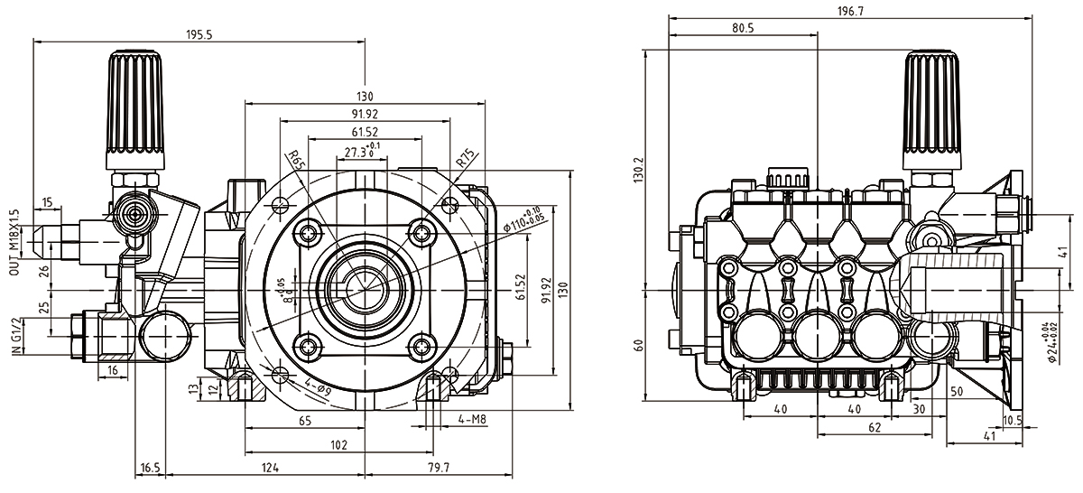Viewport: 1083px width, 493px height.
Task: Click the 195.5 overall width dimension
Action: (x=199, y=33)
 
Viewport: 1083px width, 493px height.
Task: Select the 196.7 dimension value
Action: (x=849, y=11)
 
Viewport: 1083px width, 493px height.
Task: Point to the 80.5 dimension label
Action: (x=743, y=29)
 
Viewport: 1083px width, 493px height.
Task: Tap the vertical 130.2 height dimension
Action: (x=639, y=169)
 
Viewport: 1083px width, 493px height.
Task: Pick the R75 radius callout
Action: (x=464, y=160)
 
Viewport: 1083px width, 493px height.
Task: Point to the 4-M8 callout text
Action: (x=474, y=419)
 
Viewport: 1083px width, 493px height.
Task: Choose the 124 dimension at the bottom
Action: (x=270, y=467)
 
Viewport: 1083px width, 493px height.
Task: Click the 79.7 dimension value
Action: (x=440, y=467)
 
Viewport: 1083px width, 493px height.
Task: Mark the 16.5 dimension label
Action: (x=150, y=467)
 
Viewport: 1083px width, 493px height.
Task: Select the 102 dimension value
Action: (x=338, y=444)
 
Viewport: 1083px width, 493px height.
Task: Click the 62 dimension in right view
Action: (x=874, y=427)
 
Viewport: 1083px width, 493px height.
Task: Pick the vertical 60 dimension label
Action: (x=639, y=345)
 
